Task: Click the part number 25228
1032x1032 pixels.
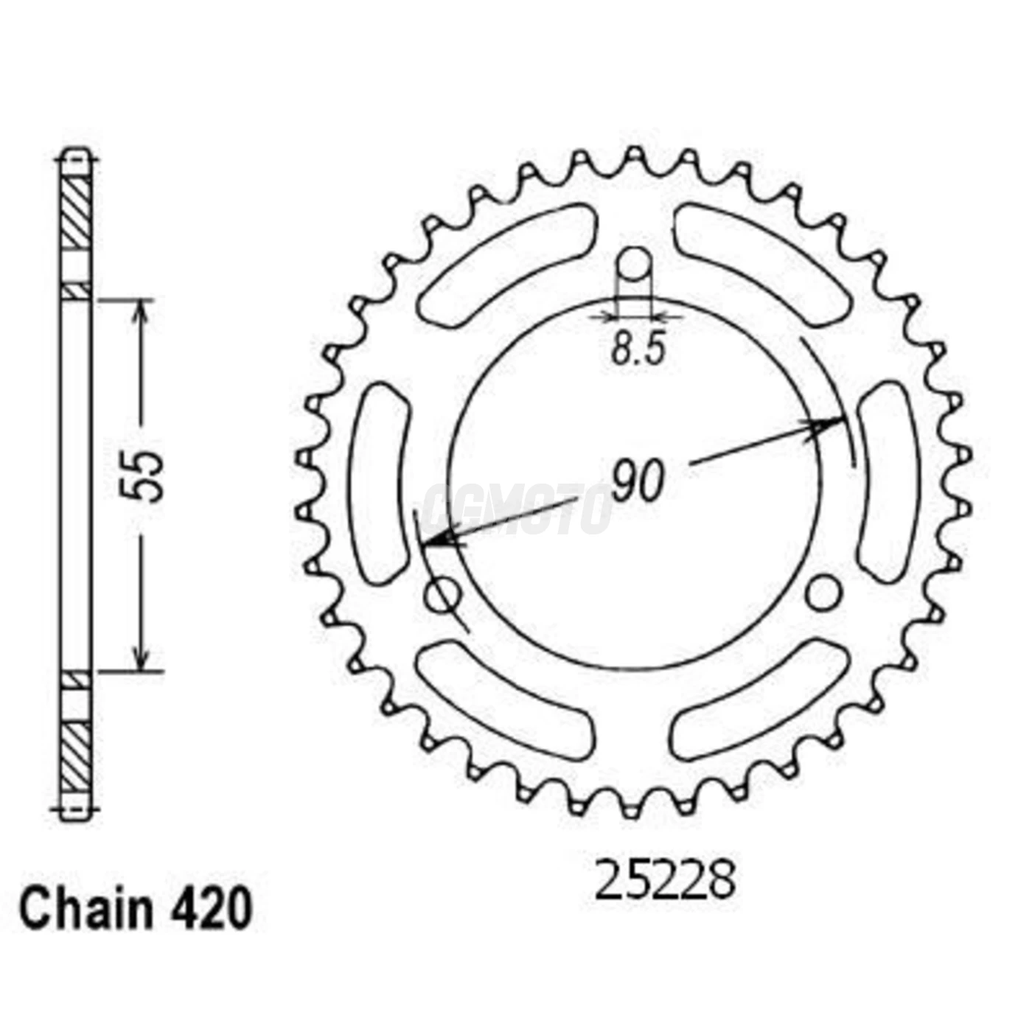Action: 665,881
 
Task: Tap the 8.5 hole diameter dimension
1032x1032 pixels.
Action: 638,349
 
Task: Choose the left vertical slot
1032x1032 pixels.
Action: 381,483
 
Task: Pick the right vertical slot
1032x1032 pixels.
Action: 889,483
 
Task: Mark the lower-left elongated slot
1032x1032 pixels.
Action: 506,699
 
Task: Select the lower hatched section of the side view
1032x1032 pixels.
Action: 75,756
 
